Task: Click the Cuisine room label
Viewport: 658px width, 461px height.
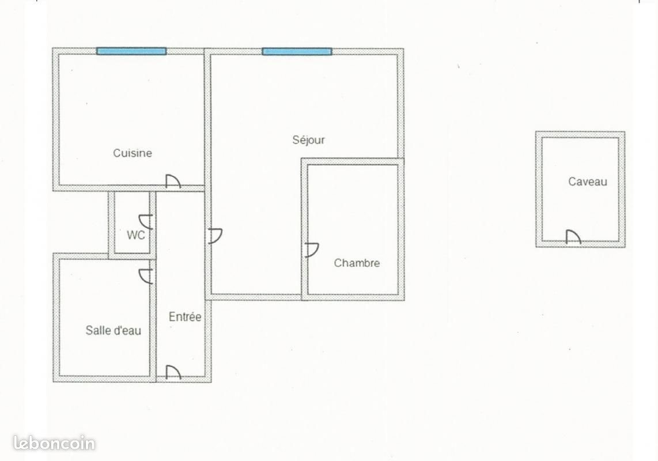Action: tap(133, 153)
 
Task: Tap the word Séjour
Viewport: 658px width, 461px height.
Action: tap(309, 140)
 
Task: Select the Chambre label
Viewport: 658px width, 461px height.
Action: tap(357, 263)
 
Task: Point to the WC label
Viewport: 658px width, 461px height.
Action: tap(135, 235)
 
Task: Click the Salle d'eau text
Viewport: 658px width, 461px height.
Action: tap(113, 331)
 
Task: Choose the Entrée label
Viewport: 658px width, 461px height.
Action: tap(185, 317)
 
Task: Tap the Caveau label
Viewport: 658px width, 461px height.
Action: tap(588, 182)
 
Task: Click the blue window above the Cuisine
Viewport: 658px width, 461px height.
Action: tap(131, 51)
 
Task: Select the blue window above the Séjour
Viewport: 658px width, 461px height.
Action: tap(297, 51)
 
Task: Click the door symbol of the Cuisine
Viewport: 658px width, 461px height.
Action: tap(173, 182)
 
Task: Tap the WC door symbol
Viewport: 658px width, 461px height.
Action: tap(145, 221)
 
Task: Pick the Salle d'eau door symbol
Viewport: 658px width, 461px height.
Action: tap(146, 276)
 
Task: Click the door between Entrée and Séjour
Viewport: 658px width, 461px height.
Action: tap(215, 236)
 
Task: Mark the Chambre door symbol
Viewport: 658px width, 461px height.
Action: tap(312, 250)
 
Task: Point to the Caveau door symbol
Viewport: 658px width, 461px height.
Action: tap(573, 237)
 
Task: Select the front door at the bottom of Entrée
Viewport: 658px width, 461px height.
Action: tap(173, 373)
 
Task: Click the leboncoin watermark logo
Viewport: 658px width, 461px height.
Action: tap(54, 443)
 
